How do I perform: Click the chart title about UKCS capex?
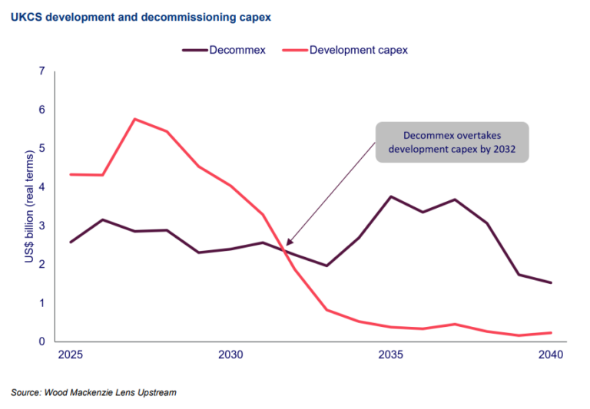click(141, 15)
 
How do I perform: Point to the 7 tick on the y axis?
click(41, 71)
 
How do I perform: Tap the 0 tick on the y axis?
click(41, 341)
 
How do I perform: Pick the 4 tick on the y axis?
click(41, 187)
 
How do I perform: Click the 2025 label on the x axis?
click(71, 356)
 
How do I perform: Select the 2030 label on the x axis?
click(230, 356)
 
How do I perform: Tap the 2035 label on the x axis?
click(391, 356)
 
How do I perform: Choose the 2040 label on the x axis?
click(551, 356)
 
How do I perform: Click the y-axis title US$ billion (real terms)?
click(28, 207)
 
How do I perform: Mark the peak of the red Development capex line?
click(134, 119)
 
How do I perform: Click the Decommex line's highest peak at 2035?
click(391, 196)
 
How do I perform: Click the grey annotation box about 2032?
click(452, 142)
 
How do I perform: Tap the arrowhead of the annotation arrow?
click(287, 245)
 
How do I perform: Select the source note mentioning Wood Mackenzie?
click(94, 393)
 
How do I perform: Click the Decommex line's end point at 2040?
click(551, 282)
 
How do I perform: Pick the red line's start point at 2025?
click(71, 174)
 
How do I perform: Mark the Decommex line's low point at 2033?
click(326, 266)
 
